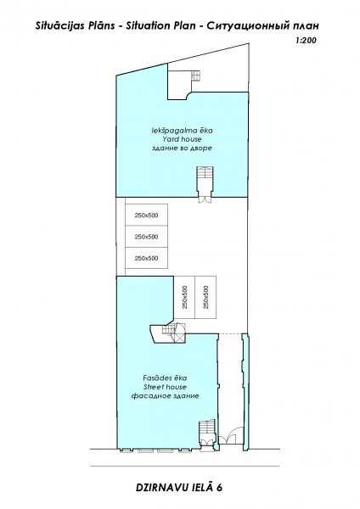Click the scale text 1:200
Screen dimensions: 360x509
click(306, 40)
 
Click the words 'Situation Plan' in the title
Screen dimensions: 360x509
click(160, 25)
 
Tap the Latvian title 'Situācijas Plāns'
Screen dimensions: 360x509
click(75, 26)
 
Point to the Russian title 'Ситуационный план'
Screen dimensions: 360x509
click(262, 25)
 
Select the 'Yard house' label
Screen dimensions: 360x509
click(182, 139)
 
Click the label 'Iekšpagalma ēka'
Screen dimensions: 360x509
click(182, 131)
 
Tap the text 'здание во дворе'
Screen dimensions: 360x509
click(182, 148)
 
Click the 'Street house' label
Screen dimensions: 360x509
click(165, 387)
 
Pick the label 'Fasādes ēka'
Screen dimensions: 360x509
click(165, 378)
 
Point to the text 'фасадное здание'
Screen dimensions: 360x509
click(165, 396)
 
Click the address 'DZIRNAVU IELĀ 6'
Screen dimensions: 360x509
click(179, 487)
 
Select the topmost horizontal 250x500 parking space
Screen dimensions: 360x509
click(147, 215)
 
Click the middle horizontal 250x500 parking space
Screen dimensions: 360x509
click(147, 237)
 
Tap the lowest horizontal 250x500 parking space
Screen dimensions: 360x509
click(147, 258)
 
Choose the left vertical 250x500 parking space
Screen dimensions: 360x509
click(184, 297)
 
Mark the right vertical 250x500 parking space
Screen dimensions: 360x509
click(205, 297)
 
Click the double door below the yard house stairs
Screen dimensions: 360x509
click(205, 199)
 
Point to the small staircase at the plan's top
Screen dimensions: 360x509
click(197, 76)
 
